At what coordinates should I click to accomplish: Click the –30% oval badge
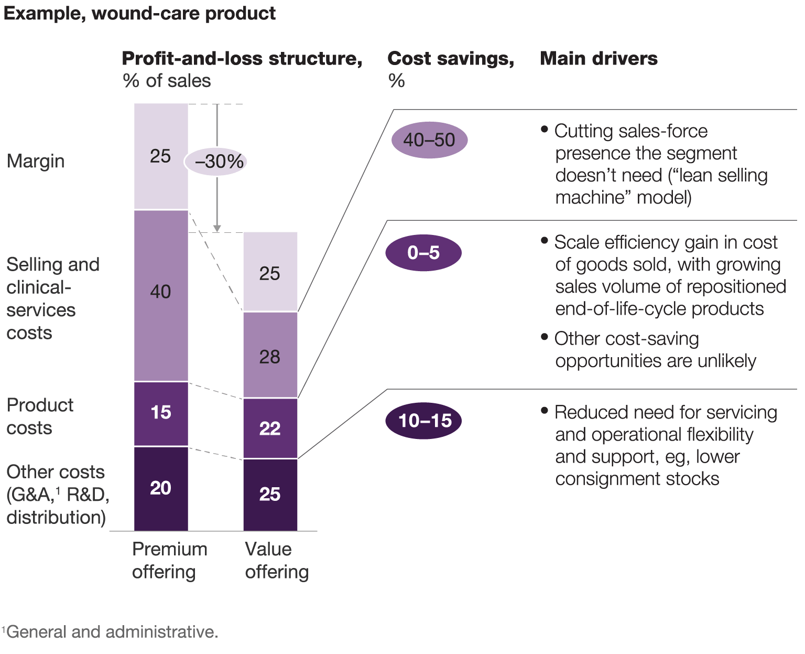pos(216,161)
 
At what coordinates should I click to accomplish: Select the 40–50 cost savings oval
pos(429,140)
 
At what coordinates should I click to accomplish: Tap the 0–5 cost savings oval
pos(423,253)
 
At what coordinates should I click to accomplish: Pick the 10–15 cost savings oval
pos(423,421)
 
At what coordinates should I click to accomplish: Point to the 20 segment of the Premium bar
pos(161,489)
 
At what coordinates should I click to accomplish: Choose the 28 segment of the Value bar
pos(270,355)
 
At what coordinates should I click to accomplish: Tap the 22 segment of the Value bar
pos(270,428)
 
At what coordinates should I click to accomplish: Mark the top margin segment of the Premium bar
pos(161,156)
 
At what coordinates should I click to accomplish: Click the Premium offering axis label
pos(169,560)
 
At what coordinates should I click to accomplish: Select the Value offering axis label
pos(276,560)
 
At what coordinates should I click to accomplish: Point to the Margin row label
pos(36,161)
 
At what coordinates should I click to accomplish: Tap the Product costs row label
pos(40,416)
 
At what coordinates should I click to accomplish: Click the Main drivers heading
pos(599,58)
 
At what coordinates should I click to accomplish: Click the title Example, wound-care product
pos(139,13)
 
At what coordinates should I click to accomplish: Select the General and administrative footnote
pos(110,631)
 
